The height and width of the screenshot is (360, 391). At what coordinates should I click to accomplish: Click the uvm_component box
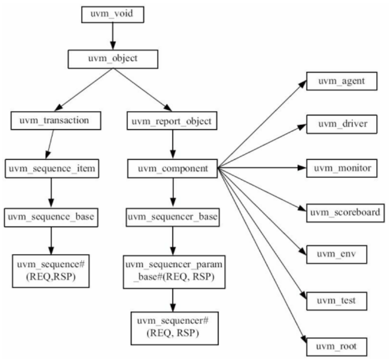pyautogui.click(x=172, y=168)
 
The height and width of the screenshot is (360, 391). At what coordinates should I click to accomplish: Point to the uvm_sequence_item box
pyautogui.click(x=51, y=168)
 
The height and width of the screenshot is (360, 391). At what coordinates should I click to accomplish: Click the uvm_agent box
pyautogui.click(x=342, y=81)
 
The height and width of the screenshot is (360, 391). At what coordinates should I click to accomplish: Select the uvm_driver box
pyautogui.click(x=342, y=124)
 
